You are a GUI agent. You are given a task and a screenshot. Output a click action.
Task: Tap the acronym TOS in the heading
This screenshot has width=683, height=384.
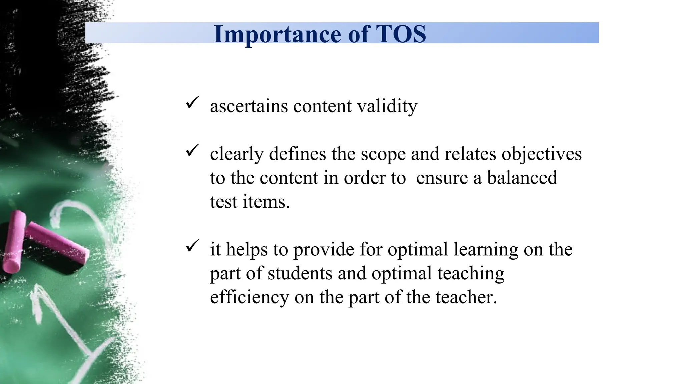(401, 34)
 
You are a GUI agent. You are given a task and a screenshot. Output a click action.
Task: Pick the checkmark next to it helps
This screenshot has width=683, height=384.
(192, 246)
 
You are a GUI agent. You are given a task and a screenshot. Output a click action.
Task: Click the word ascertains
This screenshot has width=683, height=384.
(249, 106)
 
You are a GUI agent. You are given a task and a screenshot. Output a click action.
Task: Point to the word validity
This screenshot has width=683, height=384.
(387, 106)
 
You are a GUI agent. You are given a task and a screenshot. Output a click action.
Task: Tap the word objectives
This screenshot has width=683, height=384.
(541, 154)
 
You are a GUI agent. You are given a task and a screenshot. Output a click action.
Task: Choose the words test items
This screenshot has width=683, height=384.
(250, 202)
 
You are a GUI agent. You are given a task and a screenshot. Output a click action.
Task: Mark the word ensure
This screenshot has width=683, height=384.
(442, 178)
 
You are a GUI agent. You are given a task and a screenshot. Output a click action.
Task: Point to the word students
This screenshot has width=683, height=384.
(300, 273)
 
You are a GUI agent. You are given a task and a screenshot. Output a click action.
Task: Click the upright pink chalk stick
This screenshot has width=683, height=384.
(14, 241)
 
